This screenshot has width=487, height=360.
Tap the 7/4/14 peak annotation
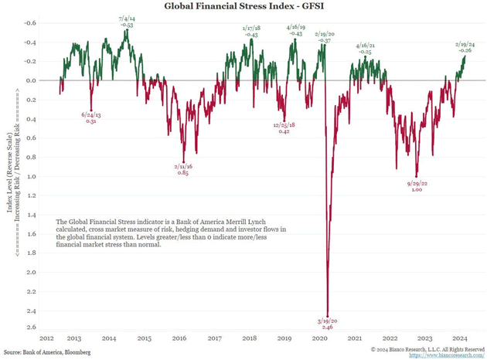click(127, 21)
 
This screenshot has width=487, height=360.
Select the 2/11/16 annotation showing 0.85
click(182, 168)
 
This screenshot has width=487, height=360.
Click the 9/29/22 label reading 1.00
click(417, 186)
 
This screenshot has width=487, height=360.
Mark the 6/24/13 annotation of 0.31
click(90, 118)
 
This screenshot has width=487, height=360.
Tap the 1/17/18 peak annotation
click(251, 31)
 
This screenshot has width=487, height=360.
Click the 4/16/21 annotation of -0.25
click(365, 48)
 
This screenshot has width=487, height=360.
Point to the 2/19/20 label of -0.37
click(324, 36)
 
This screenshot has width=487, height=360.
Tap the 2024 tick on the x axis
click(458, 338)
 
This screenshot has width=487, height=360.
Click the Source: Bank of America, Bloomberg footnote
click(46, 352)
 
